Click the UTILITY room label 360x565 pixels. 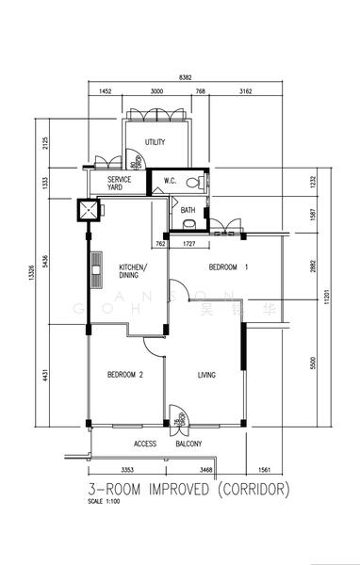pos(155,142)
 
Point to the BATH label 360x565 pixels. pos(188,210)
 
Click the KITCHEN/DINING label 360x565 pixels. pos(133,272)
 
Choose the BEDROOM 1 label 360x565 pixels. pos(228,267)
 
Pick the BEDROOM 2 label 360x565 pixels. pos(124,375)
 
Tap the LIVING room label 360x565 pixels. pos(206,375)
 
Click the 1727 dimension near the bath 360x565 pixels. pos(188,244)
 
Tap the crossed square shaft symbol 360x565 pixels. pos(89,211)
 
